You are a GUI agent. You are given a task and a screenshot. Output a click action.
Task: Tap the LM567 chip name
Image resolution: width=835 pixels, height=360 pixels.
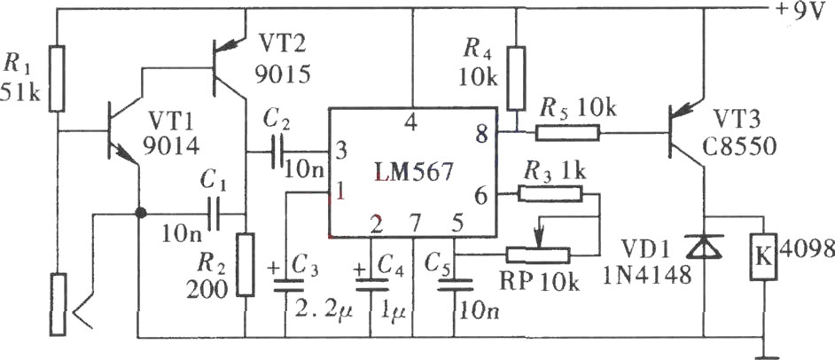(x=414, y=172)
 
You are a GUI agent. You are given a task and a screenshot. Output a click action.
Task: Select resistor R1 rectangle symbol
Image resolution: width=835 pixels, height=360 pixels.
(x=57, y=79)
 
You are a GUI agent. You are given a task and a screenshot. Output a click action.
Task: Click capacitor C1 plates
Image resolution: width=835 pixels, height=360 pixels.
(x=214, y=215)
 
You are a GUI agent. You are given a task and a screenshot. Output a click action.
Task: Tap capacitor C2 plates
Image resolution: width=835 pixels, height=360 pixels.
(x=277, y=153)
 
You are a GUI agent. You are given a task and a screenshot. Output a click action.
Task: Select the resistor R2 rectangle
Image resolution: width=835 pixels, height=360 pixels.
(x=245, y=264)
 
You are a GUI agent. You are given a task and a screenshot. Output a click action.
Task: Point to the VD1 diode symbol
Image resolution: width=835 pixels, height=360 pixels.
(x=704, y=247)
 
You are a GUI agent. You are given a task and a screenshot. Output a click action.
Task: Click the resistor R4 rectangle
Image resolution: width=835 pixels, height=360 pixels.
(x=516, y=78)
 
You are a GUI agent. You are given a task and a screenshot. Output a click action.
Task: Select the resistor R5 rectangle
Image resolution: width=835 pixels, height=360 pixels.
(x=567, y=132)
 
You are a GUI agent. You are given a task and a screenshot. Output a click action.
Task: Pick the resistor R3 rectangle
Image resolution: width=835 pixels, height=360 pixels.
(x=550, y=194)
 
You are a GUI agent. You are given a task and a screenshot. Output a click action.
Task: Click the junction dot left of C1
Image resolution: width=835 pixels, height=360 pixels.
(x=140, y=213)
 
